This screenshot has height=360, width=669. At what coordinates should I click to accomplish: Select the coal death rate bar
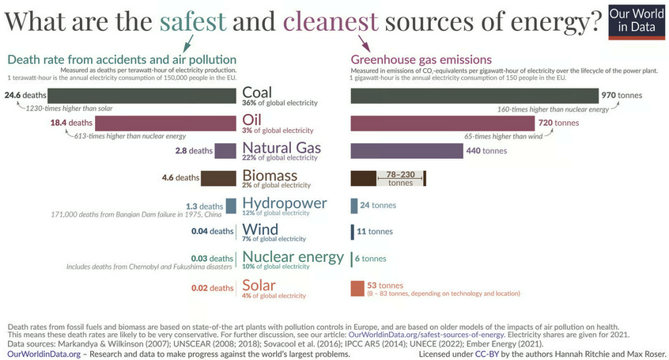(x=142, y=96)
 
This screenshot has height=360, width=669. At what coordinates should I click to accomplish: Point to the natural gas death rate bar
(x=225, y=150)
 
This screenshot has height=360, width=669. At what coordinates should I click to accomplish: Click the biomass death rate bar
(x=217, y=178)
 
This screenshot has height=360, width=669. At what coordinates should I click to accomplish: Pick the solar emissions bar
(x=357, y=289)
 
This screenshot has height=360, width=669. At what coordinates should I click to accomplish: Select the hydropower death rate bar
(x=231, y=206)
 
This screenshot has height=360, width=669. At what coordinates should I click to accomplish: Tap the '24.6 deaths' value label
(x=23, y=96)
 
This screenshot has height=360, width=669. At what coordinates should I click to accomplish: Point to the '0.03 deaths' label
(x=213, y=259)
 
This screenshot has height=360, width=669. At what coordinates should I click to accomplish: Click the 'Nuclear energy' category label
(x=293, y=256)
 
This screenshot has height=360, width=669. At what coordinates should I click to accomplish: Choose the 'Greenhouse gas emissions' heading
(x=421, y=59)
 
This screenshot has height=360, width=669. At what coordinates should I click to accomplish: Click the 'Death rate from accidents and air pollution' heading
(x=122, y=59)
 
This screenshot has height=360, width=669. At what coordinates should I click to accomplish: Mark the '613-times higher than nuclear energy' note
(x=92, y=135)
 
